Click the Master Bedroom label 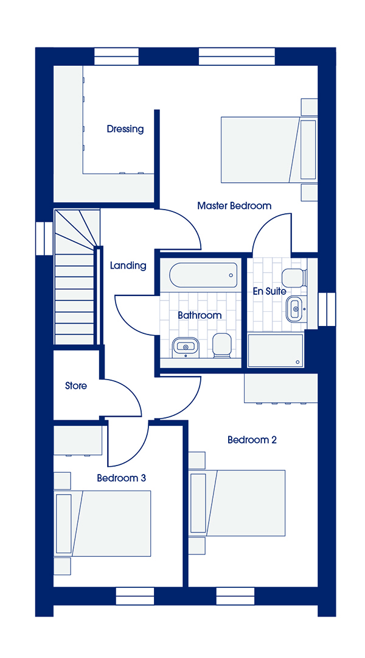coord(234,206)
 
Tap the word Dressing coord(125,129)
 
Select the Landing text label coord(128,266)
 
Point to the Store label coord(76,386)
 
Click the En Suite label coord(270,291)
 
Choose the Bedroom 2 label coord(252,440)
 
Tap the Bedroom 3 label coord(122,478)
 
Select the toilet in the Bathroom coord(221,346)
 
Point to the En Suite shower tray coord(276,350)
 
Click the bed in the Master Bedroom coord(268,150)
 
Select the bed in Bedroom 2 coord(237,503)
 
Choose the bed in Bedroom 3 coord(103,523)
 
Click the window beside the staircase coord(44,238)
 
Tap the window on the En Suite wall coord(327,310)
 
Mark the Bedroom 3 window coord(135,596)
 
